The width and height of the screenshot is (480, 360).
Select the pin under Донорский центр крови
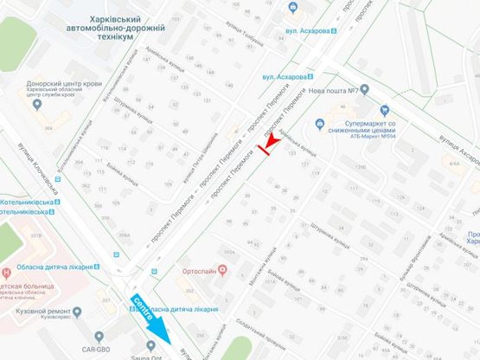(x=36, y=104)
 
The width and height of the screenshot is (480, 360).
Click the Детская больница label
(x=41, y=283)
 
